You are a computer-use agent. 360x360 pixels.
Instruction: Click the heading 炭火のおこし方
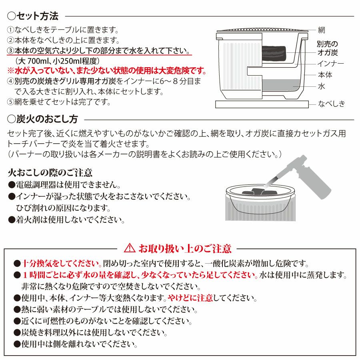coord(47,119)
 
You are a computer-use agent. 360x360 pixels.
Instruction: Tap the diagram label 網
coord(321,30)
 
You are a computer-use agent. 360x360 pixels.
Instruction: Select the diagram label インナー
coord(331,63)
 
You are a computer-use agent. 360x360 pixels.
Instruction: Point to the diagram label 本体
coord(325,75)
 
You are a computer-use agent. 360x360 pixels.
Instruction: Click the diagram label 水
coord(322,86)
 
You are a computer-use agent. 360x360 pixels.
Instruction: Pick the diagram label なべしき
coord(331,104)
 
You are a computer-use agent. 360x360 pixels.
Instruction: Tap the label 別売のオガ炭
coord(327,48)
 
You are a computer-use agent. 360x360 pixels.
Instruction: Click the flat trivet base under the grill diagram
coord(262,104)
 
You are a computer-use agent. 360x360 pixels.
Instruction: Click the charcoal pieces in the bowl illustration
coord(260,192)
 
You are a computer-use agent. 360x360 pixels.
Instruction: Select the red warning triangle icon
coord(130,248)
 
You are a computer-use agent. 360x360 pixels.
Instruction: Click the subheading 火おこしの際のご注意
coord(50,173)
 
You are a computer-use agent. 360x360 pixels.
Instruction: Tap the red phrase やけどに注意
coord(190,298)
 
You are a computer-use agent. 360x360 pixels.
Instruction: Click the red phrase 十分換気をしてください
coord(61,263)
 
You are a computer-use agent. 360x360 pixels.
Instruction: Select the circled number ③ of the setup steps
coord(10,50)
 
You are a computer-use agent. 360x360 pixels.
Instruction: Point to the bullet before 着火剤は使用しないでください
coord(12,220)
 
